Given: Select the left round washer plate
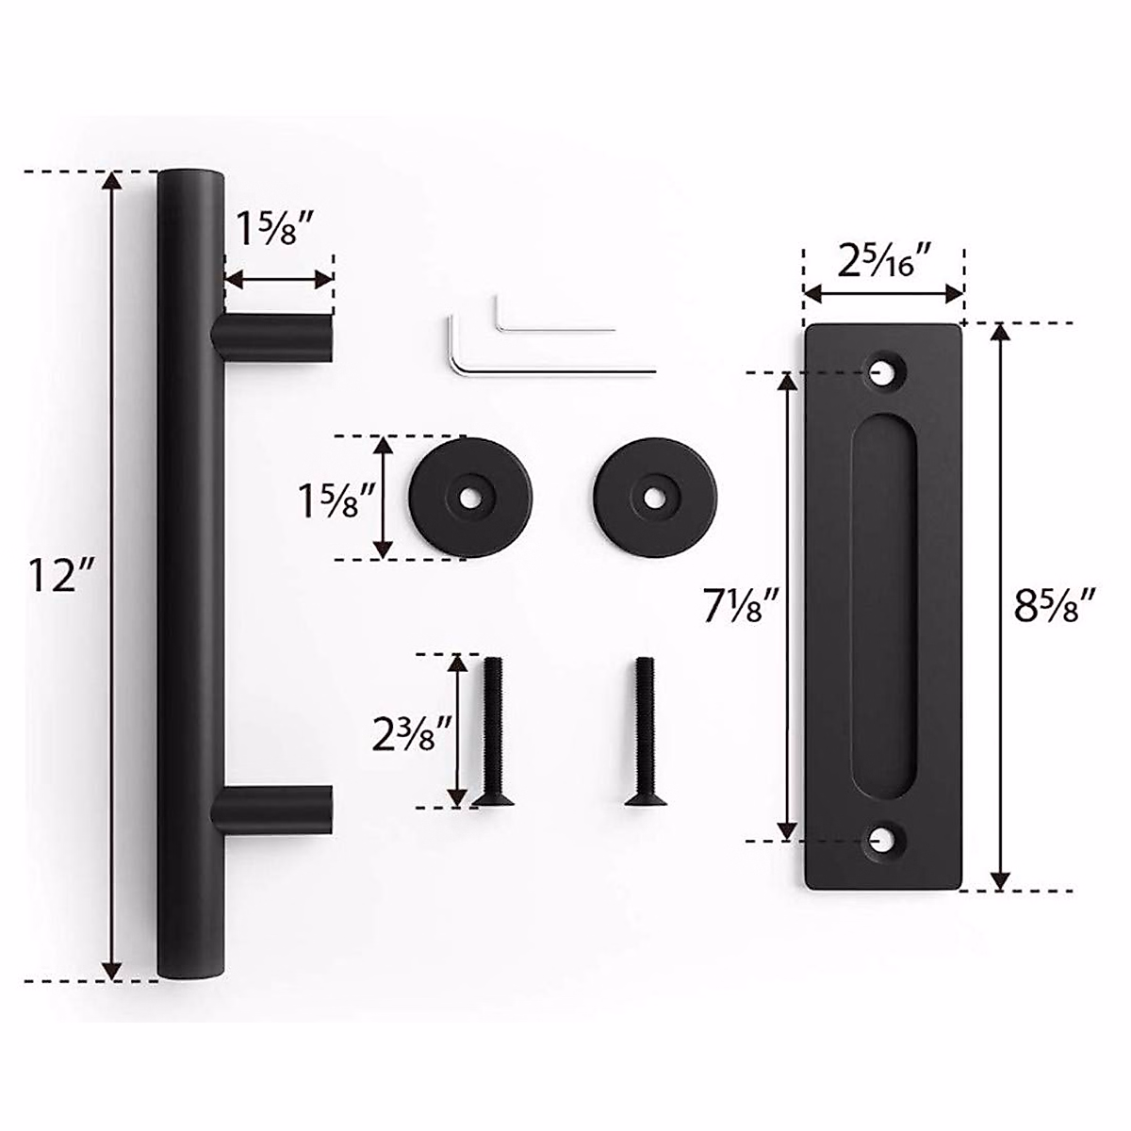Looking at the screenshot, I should pyautogui.click(x=470, y=496).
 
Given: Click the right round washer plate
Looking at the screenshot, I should pyautogui.click(x=656, y=496).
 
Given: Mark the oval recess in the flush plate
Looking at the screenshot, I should pyautogui.click(x=883, y=603).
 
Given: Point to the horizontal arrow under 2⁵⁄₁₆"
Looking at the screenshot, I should pyautogui.click(x=882, y=296).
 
